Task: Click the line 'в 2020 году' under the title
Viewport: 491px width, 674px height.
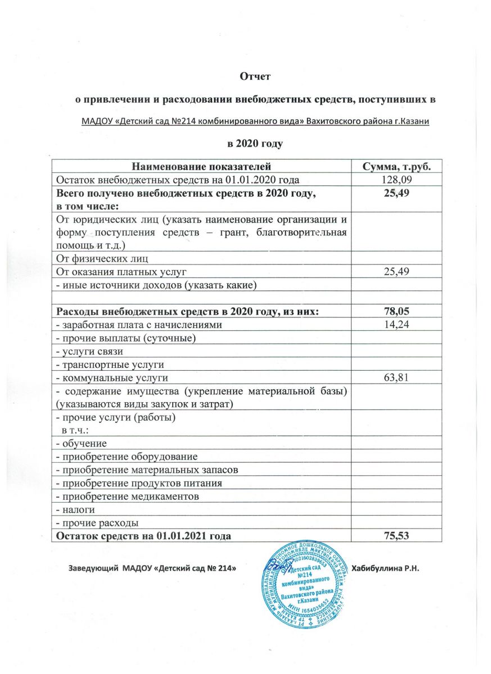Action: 254,143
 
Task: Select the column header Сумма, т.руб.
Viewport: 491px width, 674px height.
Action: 395,167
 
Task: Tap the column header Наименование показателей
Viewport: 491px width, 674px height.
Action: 201,167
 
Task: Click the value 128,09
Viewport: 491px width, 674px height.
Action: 395,180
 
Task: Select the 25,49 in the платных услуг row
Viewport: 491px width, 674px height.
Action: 395,272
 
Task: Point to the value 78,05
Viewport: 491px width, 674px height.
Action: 395,312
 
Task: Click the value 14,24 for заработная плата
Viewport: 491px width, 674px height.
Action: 395,325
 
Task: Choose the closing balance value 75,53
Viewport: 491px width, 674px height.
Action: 395,536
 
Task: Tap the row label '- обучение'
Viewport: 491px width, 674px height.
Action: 78,444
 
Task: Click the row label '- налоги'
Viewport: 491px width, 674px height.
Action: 75,510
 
